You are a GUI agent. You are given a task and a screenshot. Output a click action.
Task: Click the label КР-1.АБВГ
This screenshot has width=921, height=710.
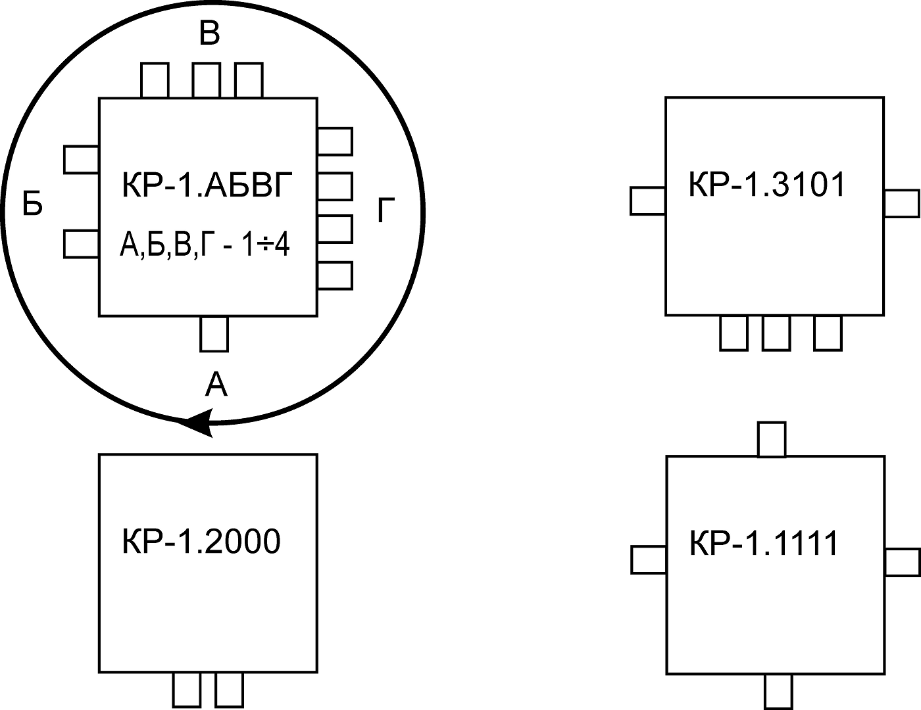[206, 185]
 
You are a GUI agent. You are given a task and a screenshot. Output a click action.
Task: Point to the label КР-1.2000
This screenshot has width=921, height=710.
[201, 542]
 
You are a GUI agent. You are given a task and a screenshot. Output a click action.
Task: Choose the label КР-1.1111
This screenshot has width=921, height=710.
[764, 544]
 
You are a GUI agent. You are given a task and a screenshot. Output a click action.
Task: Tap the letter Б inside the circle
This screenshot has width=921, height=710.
[32, 204]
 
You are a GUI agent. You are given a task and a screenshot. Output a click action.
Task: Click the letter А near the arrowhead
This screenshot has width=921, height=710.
[216, 385]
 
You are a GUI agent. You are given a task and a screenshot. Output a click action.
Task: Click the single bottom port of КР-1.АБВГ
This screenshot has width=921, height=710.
[214, 334]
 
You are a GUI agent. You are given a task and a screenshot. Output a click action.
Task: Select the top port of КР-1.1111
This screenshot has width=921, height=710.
[772, 440]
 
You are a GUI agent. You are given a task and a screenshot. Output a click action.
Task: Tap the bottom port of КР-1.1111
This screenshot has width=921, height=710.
[778, 692]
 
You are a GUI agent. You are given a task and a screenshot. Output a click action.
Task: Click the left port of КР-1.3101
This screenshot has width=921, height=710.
[648, 201]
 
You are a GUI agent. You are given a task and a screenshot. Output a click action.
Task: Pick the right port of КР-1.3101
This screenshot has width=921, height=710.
[901, 203]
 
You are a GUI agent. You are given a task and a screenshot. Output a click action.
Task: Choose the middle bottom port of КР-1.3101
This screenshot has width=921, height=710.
[776, 333]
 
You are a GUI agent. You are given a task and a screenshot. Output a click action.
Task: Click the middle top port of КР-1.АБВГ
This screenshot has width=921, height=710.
[206, 80]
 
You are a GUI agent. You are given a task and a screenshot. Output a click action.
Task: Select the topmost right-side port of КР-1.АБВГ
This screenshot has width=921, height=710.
[335, 141]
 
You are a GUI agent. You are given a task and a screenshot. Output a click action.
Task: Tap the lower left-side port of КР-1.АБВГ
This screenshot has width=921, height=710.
[81, 243]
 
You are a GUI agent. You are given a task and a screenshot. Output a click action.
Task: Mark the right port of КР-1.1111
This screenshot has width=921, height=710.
[902, 563]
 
